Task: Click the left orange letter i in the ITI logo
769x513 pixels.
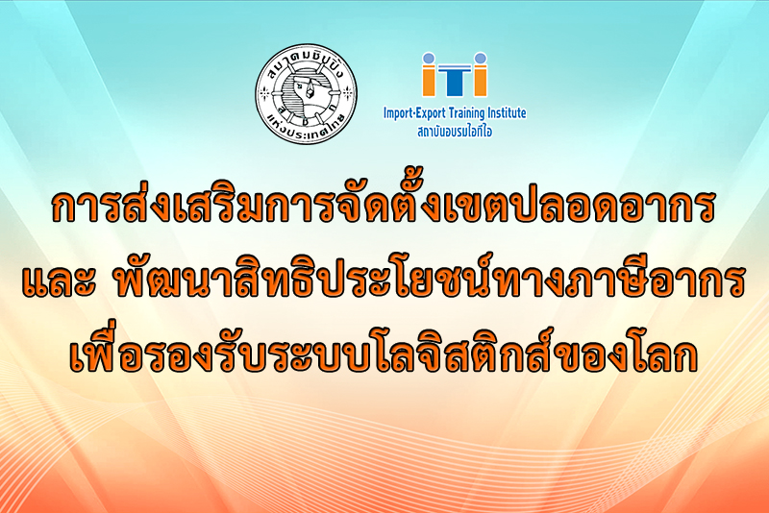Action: (429, 82)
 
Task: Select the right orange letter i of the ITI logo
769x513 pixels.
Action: (481, 82)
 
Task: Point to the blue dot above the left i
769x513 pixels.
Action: (429, 59)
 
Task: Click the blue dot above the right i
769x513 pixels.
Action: (481, 59)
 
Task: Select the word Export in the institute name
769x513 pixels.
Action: (432, 114)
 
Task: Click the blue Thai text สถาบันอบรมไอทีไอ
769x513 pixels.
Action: (455, 132)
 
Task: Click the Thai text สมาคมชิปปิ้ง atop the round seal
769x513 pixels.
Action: (307, 62)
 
